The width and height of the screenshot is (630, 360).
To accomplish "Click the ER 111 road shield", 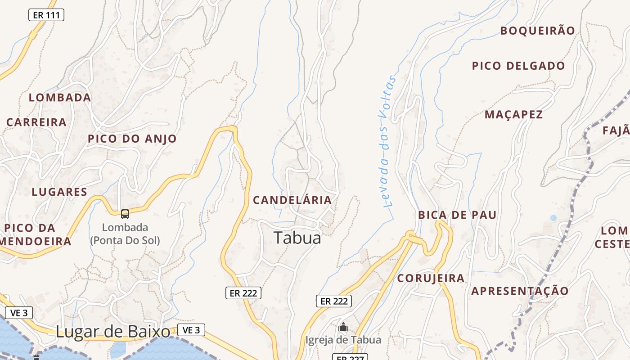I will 46,15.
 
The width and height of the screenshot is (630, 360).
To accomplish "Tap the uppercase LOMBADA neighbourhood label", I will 60,98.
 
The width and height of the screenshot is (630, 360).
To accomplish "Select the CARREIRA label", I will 36,122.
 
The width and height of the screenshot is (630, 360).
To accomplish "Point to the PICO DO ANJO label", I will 132,139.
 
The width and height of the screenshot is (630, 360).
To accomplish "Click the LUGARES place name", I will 59,192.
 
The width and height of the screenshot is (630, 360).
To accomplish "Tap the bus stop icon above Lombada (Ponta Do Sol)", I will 125,214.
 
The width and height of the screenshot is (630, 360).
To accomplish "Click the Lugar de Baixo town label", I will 113,332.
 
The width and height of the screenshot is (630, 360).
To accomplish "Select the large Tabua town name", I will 297,238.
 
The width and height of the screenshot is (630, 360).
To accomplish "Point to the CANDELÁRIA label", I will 292,200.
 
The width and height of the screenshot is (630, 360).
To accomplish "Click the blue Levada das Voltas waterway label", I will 387,141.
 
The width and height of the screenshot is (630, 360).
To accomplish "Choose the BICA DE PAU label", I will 457,215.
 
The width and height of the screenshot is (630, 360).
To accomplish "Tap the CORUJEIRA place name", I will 431,279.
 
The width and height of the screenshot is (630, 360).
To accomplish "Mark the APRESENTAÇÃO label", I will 520,291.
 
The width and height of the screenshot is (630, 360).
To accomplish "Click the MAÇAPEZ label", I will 513,115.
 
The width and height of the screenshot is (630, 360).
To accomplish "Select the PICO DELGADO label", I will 518,66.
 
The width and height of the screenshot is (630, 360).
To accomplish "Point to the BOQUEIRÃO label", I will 538,31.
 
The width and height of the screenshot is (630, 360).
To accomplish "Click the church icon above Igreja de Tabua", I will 343,327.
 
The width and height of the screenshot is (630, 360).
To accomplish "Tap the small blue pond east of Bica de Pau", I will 553,218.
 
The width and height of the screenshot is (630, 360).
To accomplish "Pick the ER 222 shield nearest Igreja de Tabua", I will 333,301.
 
